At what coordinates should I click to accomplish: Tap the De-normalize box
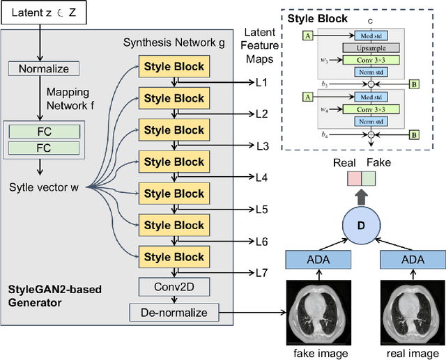tap(174, 312)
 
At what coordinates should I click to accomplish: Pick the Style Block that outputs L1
tap(174, 67)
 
